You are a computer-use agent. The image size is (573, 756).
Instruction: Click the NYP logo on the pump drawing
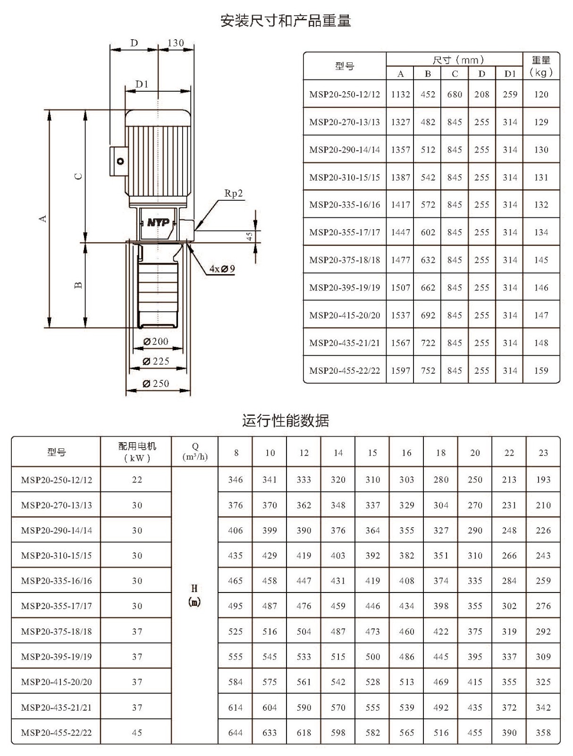click(x=158, y=223)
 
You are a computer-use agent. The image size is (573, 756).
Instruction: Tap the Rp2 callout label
click(x=234, y=193)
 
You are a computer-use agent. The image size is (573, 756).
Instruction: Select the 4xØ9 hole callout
click(x=222, y=269)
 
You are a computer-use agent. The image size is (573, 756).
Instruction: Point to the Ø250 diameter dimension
click(x=156, y=383)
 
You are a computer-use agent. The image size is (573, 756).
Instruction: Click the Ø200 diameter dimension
click(x=156, y=341)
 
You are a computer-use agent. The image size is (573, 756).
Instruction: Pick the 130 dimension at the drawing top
click(x=176, y=43)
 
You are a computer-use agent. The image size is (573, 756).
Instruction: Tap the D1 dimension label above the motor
click(x=142, y=84)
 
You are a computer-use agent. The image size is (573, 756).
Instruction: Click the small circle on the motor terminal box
click(x=120, y=161)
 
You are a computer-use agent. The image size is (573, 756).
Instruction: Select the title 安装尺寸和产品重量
click(x=286, y=21)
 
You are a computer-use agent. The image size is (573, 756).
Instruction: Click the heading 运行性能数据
click(x=286, y=421)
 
